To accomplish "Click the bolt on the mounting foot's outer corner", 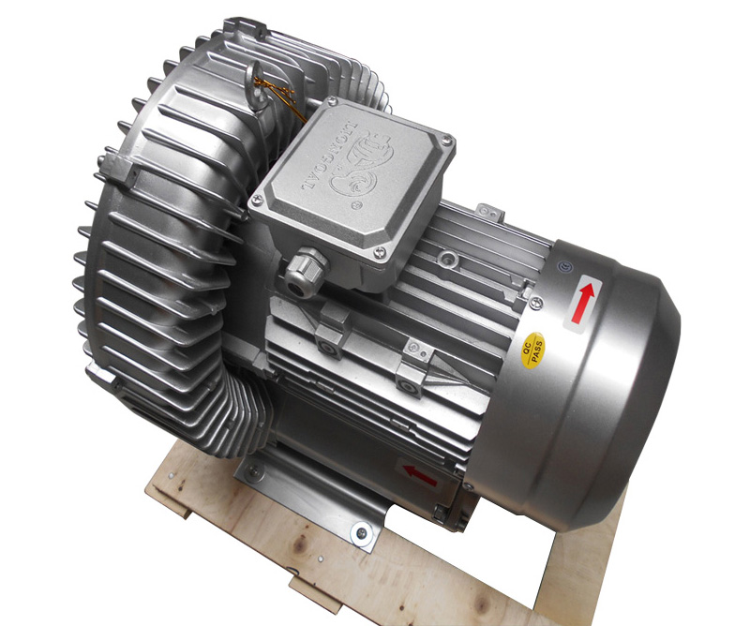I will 357,535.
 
